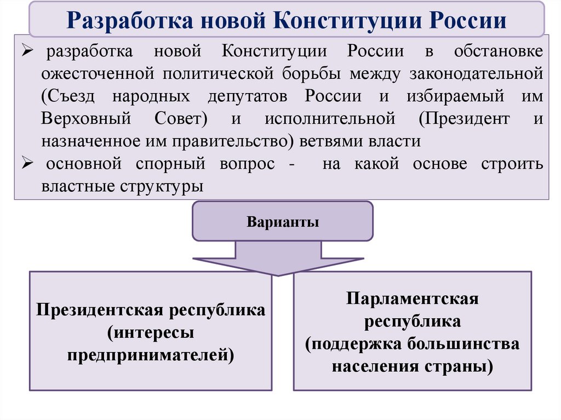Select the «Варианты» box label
(283, 222)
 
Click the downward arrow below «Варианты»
(278, 257)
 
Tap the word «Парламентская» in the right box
(413, 299)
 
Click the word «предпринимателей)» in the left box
(151, 355)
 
